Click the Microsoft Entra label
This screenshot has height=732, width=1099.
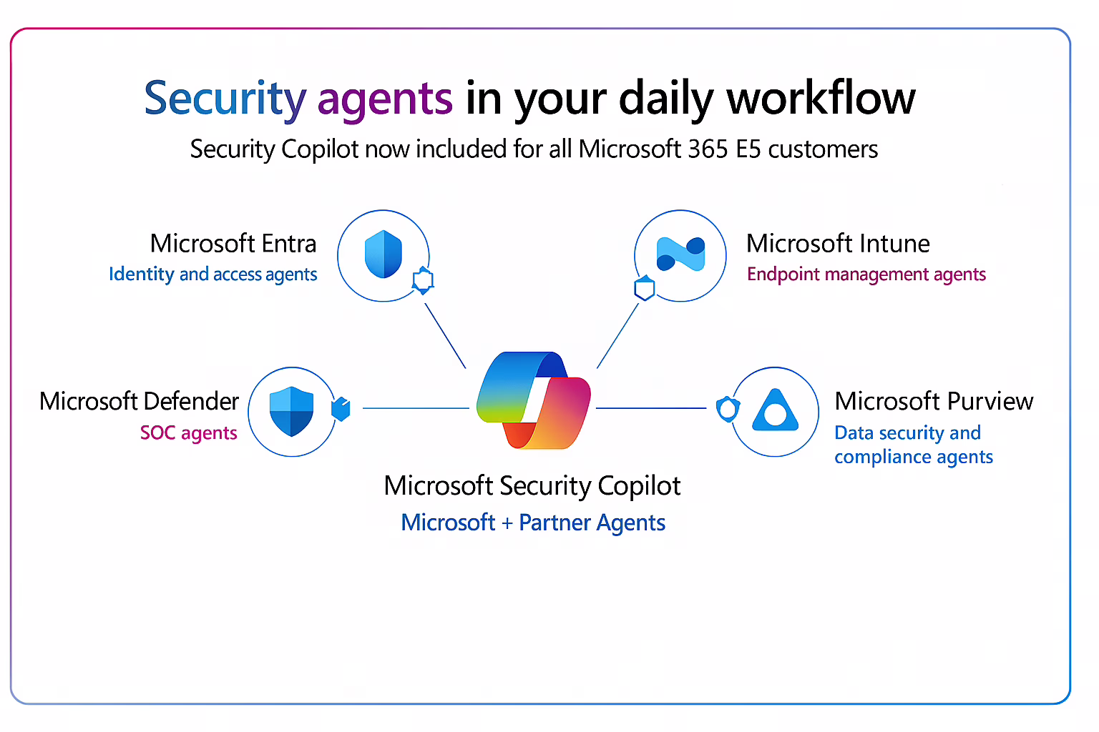point(233,244)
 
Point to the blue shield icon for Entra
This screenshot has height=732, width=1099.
point(384,254)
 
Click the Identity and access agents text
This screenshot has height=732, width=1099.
point(213,274)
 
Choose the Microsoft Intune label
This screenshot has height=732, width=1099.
point(838,244)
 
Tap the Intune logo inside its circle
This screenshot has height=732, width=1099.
point(680,254)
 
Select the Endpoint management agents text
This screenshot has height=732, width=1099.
point(866,274)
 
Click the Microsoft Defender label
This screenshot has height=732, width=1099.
point(139,402)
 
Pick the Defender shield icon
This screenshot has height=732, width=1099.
point(291,411)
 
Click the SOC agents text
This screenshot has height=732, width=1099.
point(188,433)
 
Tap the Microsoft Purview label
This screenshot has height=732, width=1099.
point(934,402)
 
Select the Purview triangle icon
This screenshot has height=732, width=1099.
point(775,411)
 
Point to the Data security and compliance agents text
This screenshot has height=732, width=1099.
point(913,445)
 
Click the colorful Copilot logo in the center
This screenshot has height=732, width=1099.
point(534,400)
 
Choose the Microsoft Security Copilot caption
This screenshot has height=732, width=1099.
point(532,486)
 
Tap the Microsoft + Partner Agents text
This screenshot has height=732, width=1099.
point(533,523)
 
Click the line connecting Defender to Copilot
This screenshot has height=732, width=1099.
point(415,408)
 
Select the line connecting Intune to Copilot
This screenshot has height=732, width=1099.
point(617,336)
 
